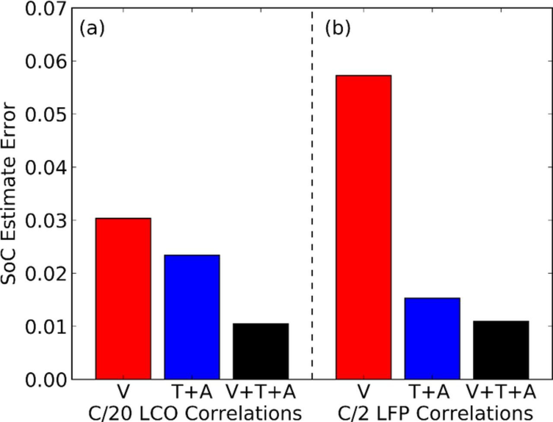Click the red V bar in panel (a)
[x=123, y=299]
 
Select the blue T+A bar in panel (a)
[x=192, y=317]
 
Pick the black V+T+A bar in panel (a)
[x=261, y=351]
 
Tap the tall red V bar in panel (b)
[x=363, y=227]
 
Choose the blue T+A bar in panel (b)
[x=432, y=339]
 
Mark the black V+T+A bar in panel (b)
[x=501, y=350]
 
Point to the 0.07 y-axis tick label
[x=46, y=9]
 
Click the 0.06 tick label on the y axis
[x=46, y=62]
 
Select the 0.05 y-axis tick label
[x=46, y=115]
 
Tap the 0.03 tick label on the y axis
[x=46, y=221]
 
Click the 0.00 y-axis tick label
[x=46, y=380]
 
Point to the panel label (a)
[x=92, y=28]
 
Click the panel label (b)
[x=337, y=28]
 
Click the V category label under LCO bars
[x=123, y=392]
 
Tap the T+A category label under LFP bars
[x=429, y=392]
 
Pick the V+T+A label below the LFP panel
[x=501, y=392]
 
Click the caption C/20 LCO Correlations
[x=194, y=413]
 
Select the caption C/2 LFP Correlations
[x=435, y=413]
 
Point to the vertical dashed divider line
[x=312, y=194]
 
